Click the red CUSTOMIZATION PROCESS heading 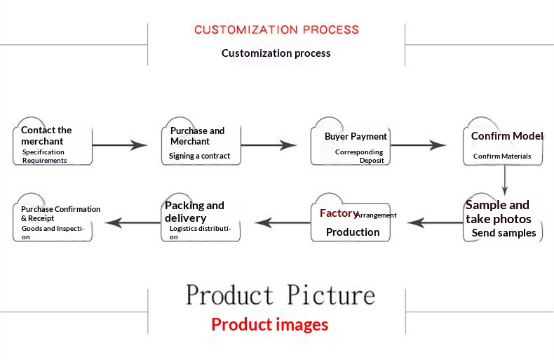click(x=276, y=29)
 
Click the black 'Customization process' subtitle click(x=276, y=53)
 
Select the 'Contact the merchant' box click(x=53, y=143)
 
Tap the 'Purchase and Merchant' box click(x=201, y=143)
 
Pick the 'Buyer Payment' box click(x=351, y=145)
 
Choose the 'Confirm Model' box click(x=503, y=144)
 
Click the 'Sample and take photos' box click(x=502, y=219)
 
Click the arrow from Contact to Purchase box click(x=119, y=145)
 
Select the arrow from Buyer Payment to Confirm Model click(x=418, y=145)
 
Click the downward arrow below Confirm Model click(x=504, y=180)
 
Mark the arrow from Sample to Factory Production click(x=435, y=222)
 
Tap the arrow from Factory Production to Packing click(x=283, y=222)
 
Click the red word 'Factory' click(x=338, y=213)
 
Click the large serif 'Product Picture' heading click(x=280, y=295)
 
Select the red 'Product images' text click(x=269, y=325)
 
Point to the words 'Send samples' click(x=504, y=233)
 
